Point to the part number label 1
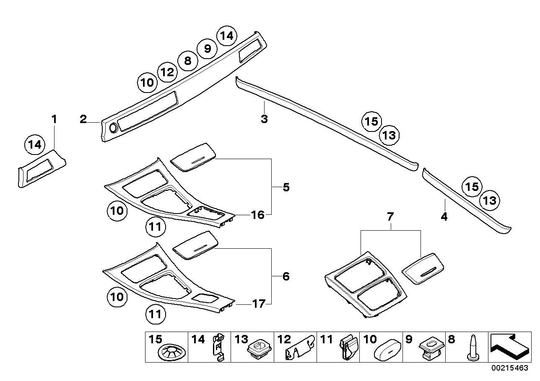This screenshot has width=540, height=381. pyautogui.click(x=54, y=119)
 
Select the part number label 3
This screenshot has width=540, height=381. pyautogui.click(x=264, y=119)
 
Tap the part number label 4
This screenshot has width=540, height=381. pyautogui.click(x=444, y=216)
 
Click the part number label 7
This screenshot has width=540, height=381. pyautogui.click(x=390, y=217)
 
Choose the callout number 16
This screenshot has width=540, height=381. pyautogui.click(x=257, y=215)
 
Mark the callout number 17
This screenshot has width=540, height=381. pyautogui.click(x=259, y=304)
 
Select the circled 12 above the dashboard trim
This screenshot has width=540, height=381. pyautogui.click(x=167, y=72)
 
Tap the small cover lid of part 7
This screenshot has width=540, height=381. pyautogui.click(x=423, y=268)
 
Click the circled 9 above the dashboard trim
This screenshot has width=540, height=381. pyautogui.click(x=207, y=49)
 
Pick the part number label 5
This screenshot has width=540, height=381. pyautogui.click(x=286, y=187)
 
